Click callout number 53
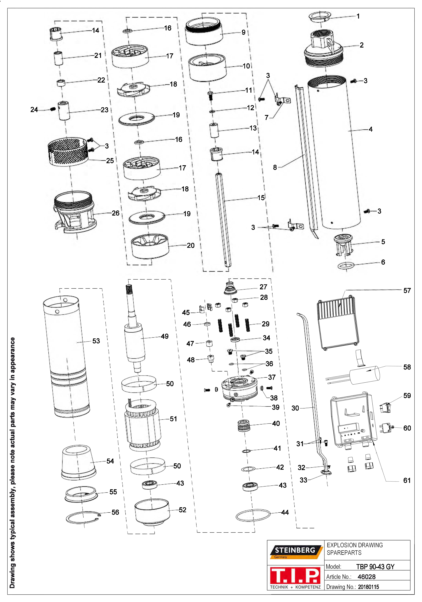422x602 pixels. click(96, 341)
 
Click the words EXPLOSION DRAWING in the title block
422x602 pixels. click(355, 545)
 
